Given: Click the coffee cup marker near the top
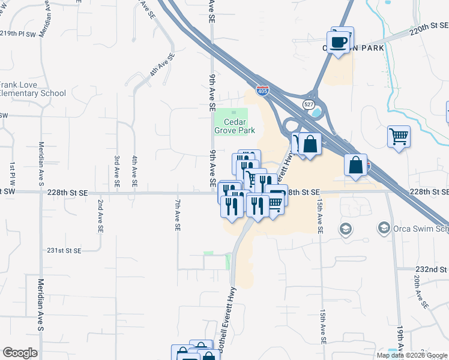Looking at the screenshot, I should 340,41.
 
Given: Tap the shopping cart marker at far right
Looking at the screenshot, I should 398,137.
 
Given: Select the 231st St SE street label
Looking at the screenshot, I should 64,250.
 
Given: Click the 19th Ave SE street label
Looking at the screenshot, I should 400,341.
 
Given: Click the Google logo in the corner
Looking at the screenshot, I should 20,353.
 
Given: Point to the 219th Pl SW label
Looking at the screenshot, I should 18,34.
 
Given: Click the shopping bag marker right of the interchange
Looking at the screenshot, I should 355,164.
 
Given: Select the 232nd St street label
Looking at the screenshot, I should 431,271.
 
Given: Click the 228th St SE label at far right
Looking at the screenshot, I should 429,192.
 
